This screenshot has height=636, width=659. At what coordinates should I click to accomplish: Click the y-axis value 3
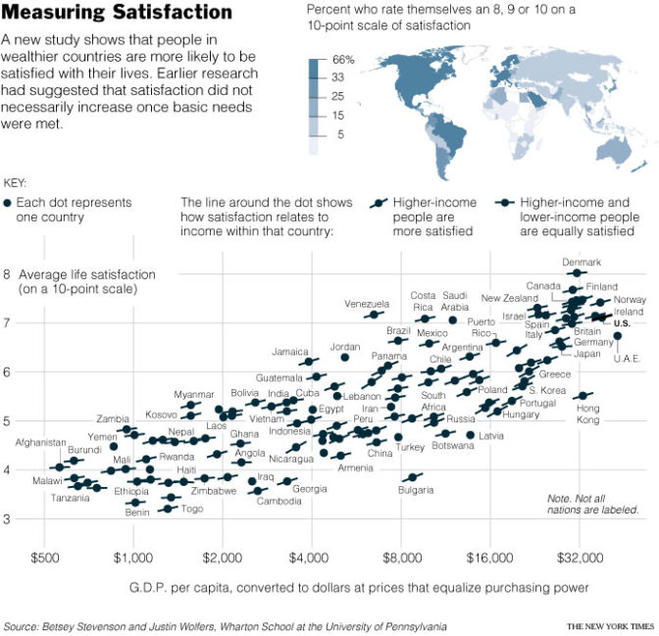click(x=8, y=519)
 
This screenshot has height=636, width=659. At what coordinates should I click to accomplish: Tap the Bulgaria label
click(x=416, y=490)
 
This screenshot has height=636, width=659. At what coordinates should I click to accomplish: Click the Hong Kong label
click(x=587, y=414)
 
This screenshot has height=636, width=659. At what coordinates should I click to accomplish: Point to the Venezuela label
click(x=367, y=304)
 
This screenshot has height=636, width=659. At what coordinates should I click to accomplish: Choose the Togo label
click(x=192, y=509)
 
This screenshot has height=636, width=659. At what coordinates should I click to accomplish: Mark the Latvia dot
click(x=471, y=435)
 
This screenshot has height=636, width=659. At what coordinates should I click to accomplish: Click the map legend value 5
click(x=339, y=134)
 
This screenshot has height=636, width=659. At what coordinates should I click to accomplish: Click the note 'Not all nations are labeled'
click(x=593, y=504)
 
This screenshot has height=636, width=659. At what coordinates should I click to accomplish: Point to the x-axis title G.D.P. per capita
click(x=359, y=588)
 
